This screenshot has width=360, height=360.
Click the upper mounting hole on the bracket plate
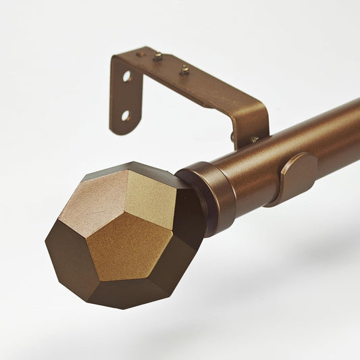click(126, 76)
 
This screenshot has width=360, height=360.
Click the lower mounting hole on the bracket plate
click(126, 115)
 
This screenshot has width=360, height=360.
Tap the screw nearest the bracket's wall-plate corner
click(157, 57)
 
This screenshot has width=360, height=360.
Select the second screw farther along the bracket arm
click(184, 69)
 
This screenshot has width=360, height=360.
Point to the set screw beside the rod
click(254, 139)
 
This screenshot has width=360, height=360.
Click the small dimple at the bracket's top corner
click(139, 54)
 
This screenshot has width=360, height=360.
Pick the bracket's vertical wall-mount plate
click(122, 95)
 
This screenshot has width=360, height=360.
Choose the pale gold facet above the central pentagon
click(153, 200)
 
